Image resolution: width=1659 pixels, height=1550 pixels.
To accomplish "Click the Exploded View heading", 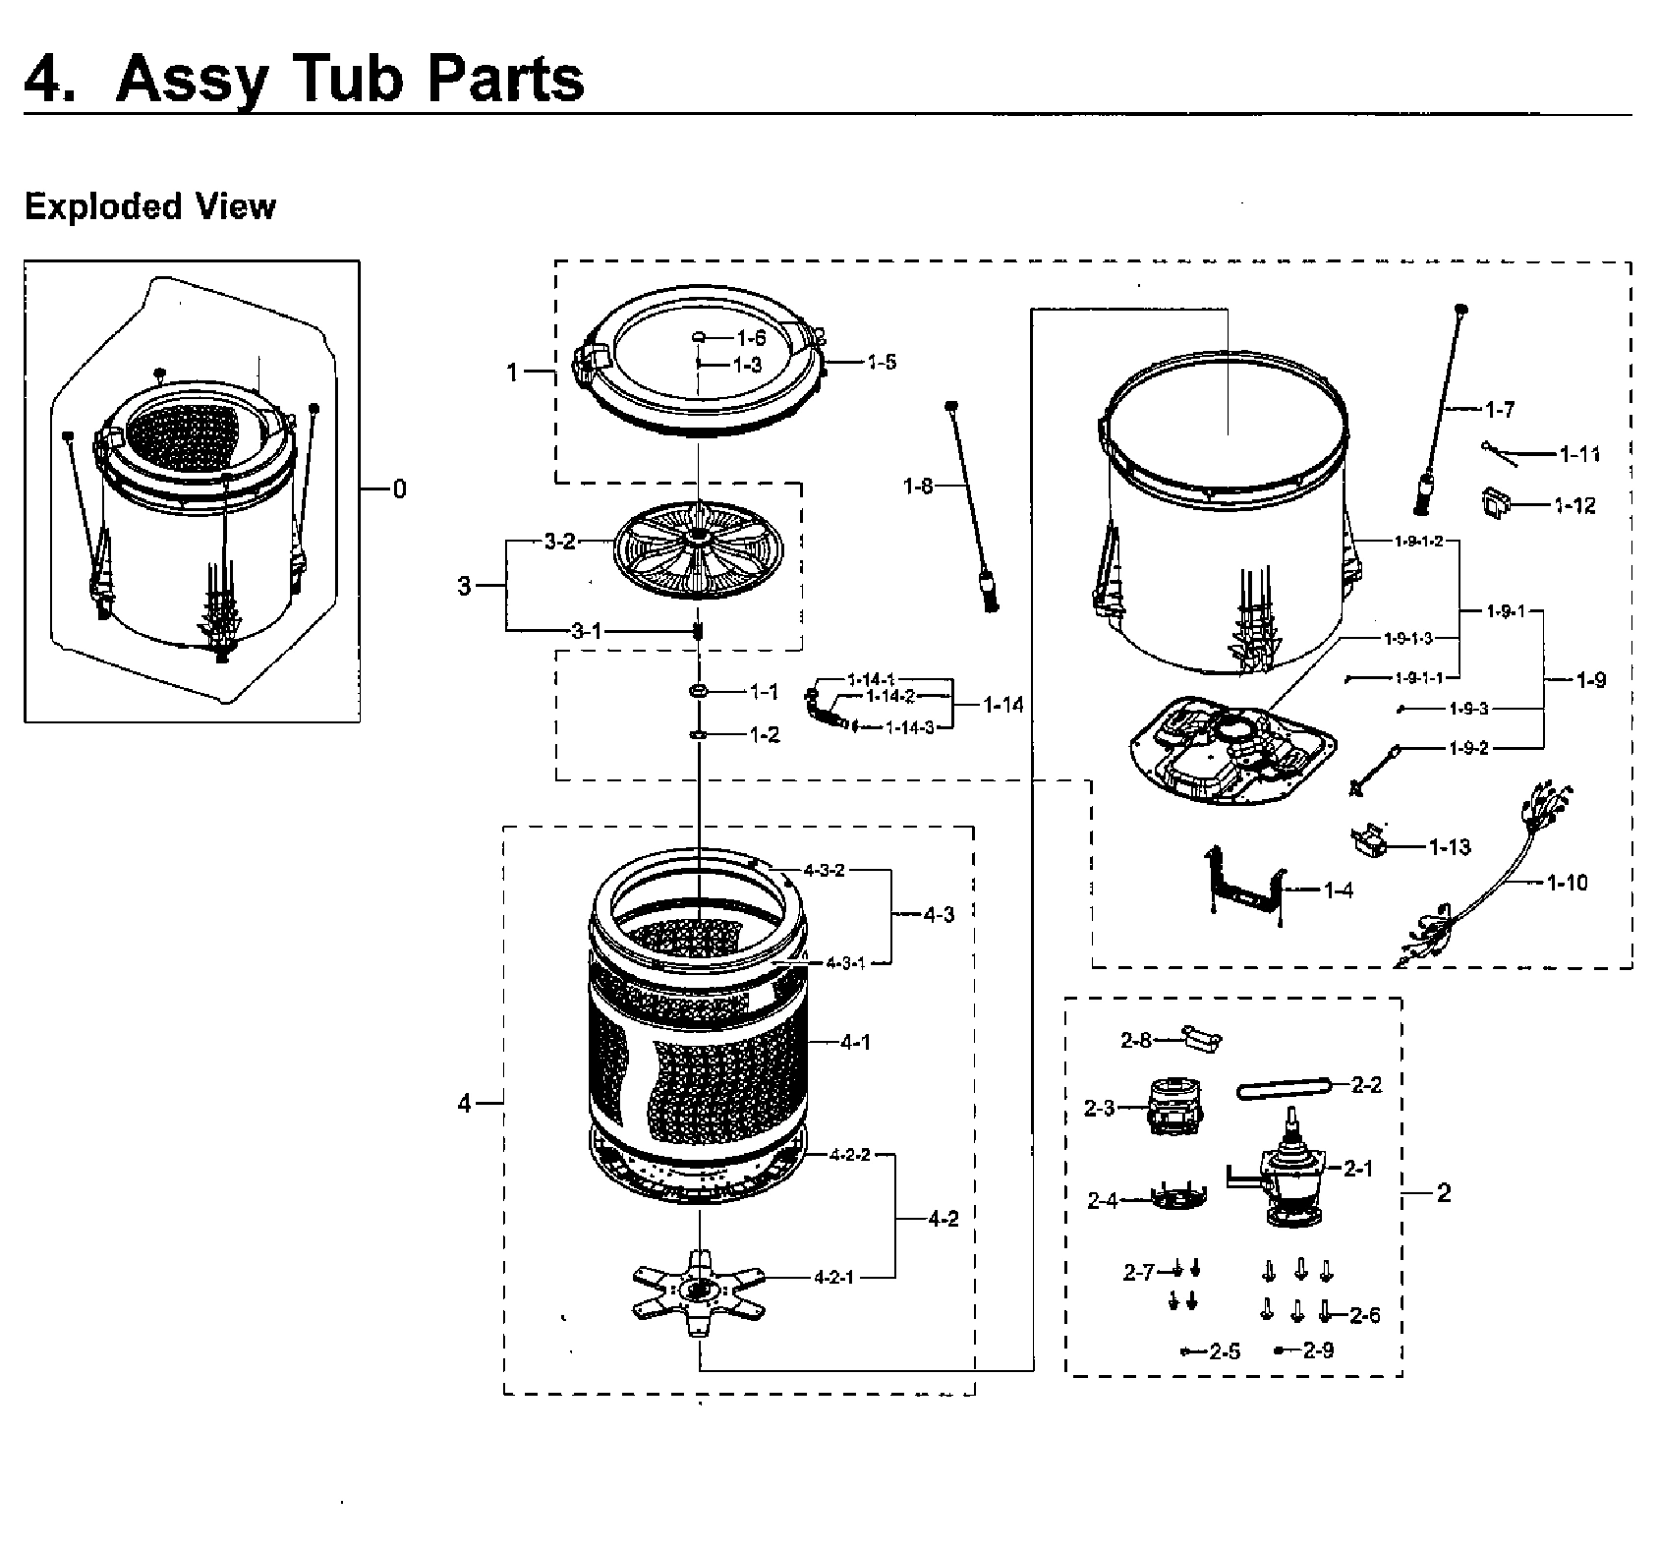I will (x=150, y=206).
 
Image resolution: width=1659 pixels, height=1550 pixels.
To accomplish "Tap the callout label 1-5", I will (x=882, y=362).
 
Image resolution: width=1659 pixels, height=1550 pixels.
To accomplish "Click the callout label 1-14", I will (x=1002, y=704).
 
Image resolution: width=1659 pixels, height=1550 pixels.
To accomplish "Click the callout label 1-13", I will (x=1449, y=846).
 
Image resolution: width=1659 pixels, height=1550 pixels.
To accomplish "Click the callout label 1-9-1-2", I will (x=1418, y=542).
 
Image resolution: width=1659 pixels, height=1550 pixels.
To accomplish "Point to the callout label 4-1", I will (x=855, y=1042).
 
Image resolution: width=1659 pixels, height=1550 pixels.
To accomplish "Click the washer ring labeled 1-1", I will (x=700, y=693).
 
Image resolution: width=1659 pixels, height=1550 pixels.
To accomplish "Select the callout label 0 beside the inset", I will (x=398, y=488).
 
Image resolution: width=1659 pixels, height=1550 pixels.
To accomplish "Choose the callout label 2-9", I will (x=1318, y=1350).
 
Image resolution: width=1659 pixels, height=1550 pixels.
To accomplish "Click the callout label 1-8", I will (x=917, y=486).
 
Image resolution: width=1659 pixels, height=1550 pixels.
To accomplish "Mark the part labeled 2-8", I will (x=1199, y=1039).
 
